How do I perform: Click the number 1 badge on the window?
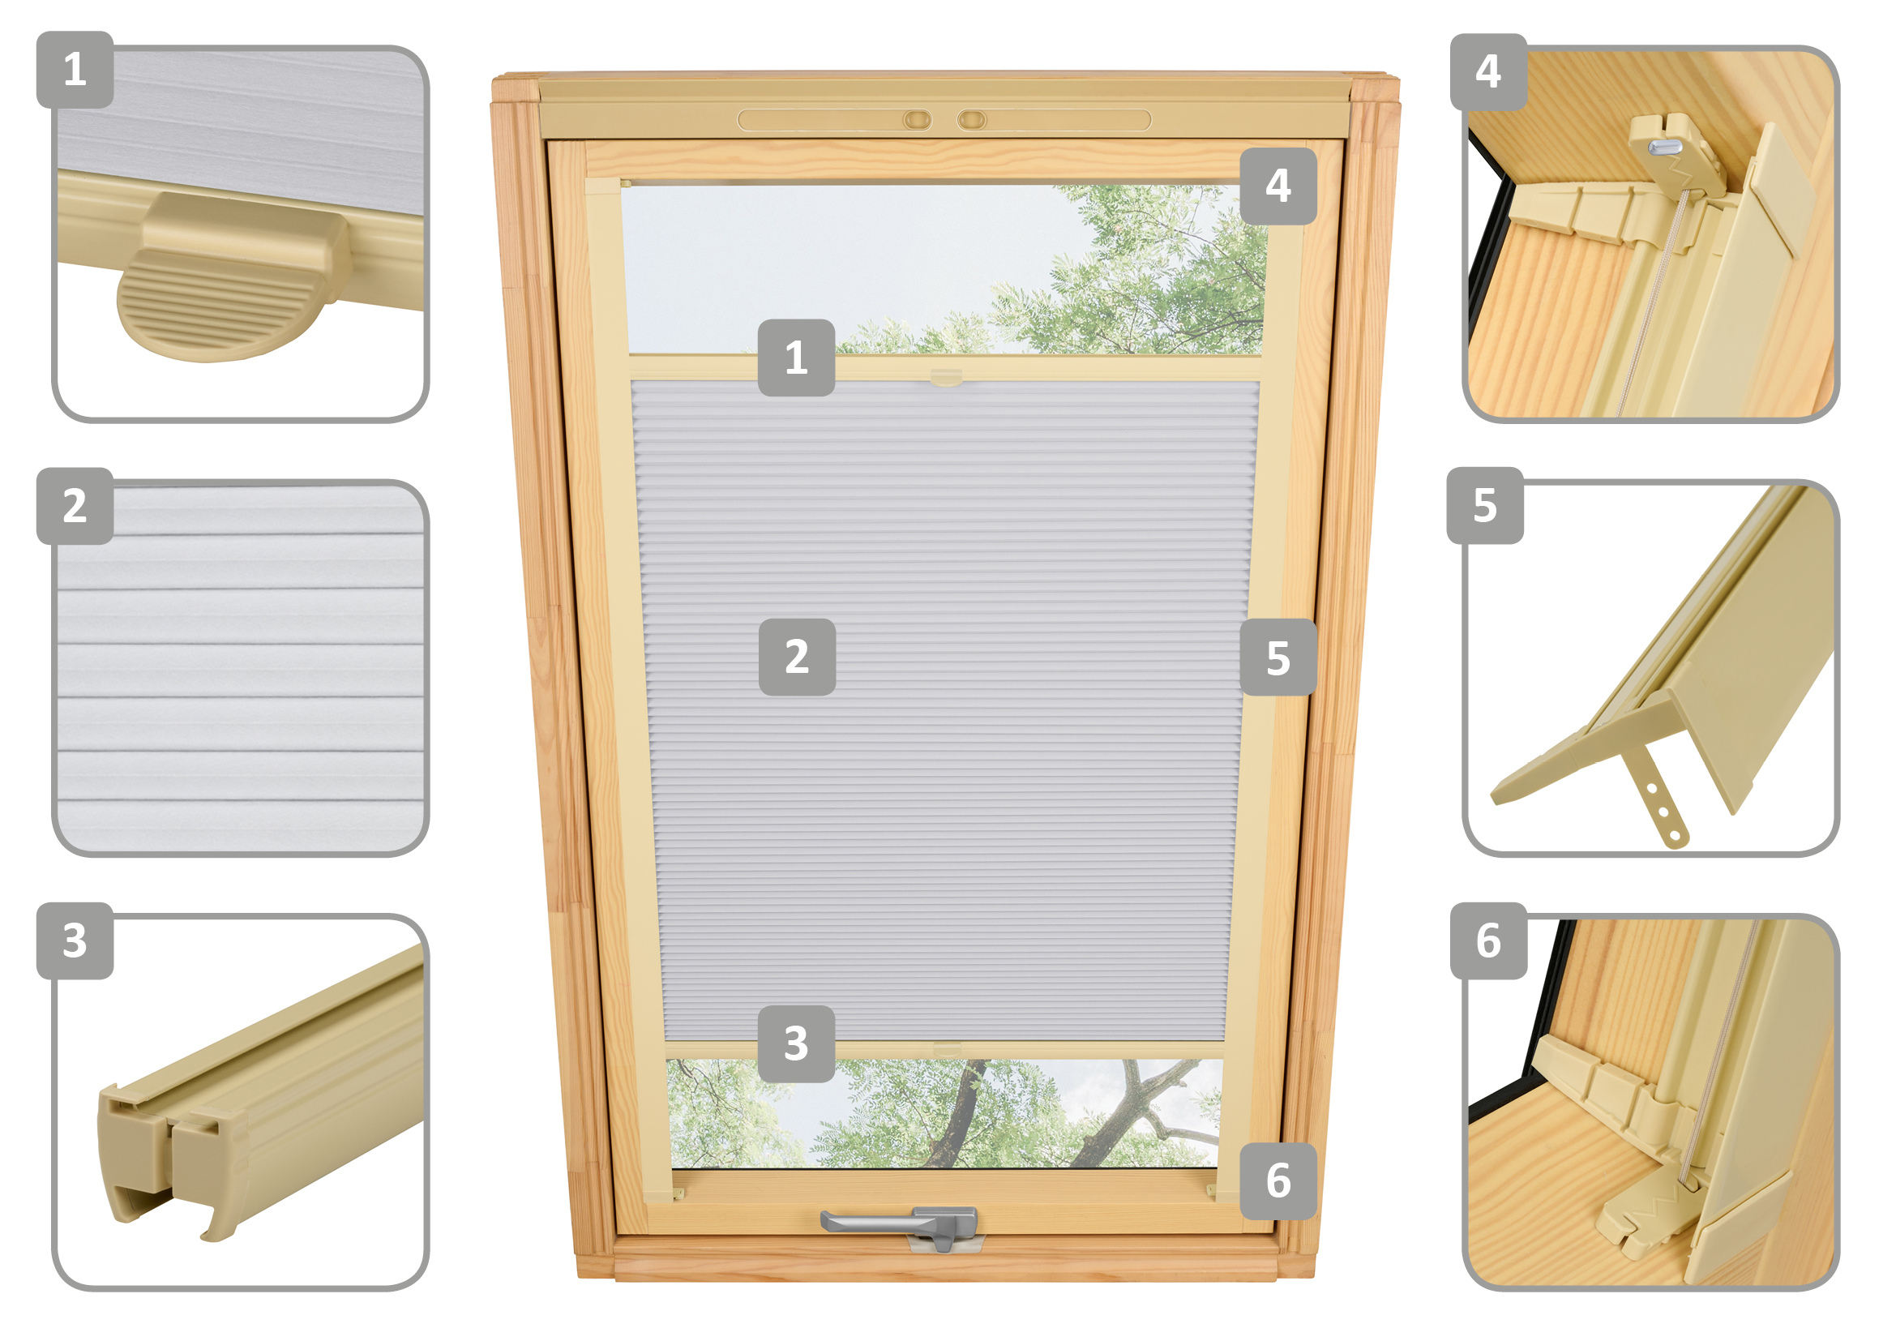click(x=796, y=358)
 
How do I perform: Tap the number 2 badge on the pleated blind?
click(x=797, y=658)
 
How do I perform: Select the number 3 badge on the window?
click(x=796, y=1043)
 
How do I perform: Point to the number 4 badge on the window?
click(x=1278, y=186)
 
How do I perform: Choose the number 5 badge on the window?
click(x=1278, y=658)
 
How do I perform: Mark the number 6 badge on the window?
click(x=1278, y=1180)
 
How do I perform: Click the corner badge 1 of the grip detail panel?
click(x=75, y=70)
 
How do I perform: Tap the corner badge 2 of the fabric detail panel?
click(x=75, y=505)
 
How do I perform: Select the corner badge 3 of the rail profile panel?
click(x=75, y=940)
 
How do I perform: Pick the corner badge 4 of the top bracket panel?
click(x=1488, y=72)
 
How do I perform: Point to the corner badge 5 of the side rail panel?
click(x=1485, y=505)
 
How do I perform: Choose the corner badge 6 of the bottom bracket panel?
click(x=1488, y=940)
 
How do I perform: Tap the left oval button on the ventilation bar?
click(x=917, y=121)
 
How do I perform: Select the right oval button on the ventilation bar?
click(x=972, y=121)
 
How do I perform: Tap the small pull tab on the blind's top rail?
click(x=946, y=378)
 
